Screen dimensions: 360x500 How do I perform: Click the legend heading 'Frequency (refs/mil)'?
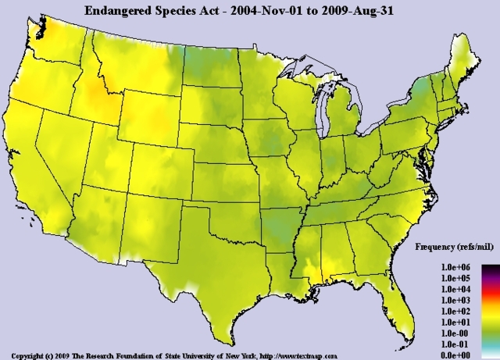pyautogui.click(x=453, y=247)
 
